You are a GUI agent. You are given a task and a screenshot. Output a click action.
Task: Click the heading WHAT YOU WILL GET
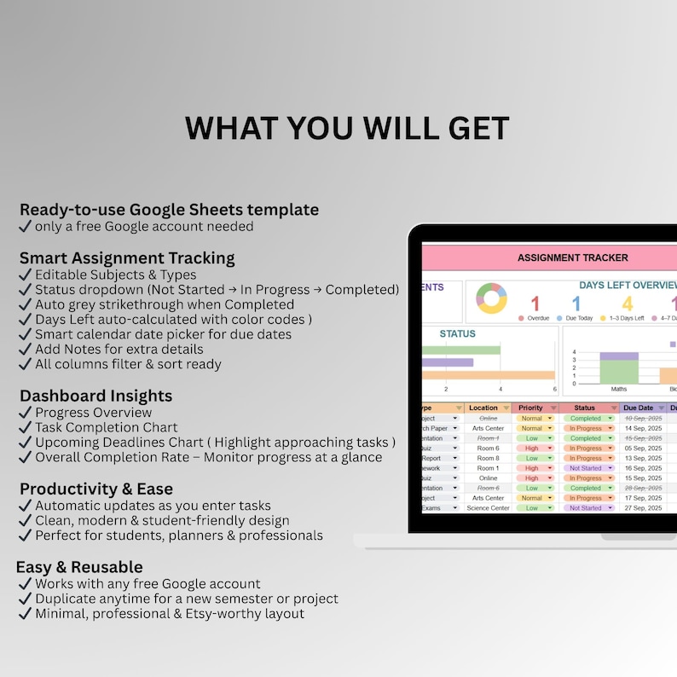click(x=347, y=128)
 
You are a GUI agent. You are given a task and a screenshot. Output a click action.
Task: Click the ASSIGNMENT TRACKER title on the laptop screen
click(x=572, y=257)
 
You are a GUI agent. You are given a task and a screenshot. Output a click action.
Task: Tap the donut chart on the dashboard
click(x=491, y=299)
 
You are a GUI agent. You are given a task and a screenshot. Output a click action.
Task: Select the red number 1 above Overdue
click(x=535, y=304)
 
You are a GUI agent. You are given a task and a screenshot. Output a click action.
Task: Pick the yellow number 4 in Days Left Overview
click(x=627, y=304)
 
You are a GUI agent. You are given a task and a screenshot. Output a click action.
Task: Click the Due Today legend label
click(x=579, y=318)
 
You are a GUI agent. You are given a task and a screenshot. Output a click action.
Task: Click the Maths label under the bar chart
click(x=619, y=389)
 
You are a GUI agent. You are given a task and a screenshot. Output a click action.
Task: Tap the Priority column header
click(x=531, y=408)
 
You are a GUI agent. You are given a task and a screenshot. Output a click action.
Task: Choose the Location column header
click(x=483, y=408)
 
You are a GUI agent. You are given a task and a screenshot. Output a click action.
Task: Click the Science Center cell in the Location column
click(x=488, y=508)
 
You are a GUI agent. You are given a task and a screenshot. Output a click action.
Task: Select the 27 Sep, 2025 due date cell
click(x=644, y=508)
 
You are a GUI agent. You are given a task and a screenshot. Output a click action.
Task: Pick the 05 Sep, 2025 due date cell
click(x=644, y=448)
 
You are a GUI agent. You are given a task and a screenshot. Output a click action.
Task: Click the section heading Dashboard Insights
click(x=95, y=396)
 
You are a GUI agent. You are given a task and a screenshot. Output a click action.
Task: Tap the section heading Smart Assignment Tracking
click(x=127, y=257)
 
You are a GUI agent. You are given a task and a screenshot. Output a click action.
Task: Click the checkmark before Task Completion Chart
click(x=25, y=428)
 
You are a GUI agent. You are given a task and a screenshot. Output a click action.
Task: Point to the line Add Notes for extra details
click(x=119, y=349)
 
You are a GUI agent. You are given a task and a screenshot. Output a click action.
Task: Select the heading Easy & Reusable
click(x=79, y=567)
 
